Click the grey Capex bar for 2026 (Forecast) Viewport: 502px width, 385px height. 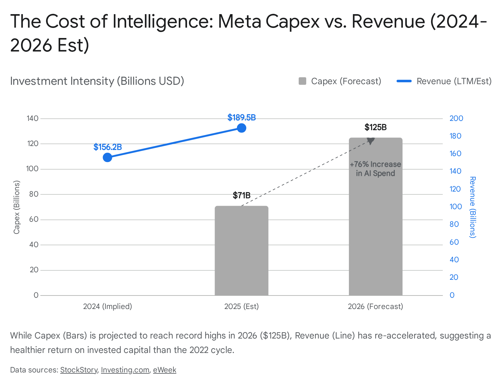pos(375,226)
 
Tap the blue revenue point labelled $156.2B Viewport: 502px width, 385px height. pos(107,157)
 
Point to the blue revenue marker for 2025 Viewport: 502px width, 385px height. pos(241,128)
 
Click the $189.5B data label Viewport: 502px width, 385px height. pos(242,118)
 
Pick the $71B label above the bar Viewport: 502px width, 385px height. pos(242,196)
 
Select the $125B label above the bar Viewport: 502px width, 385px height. pos(375,127)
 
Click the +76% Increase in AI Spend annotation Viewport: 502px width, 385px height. pos(375,169)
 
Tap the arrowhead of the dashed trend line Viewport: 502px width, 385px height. pos(371,141)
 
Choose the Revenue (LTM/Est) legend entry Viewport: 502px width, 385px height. pos(444,81)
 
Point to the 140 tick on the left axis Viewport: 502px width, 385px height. pos(33,118)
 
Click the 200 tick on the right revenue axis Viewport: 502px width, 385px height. pos(456,118)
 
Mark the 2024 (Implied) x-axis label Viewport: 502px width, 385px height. pos(107,306)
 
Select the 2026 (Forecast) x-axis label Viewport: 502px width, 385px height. pos(375,306)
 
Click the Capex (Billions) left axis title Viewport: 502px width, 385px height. pos(17,207)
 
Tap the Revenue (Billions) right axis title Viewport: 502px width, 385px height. pos(473,207)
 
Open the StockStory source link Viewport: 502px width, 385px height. pos(79,370)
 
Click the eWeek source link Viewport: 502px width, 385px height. pos(164,370)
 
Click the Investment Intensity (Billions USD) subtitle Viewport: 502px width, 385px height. pos(97,81)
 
